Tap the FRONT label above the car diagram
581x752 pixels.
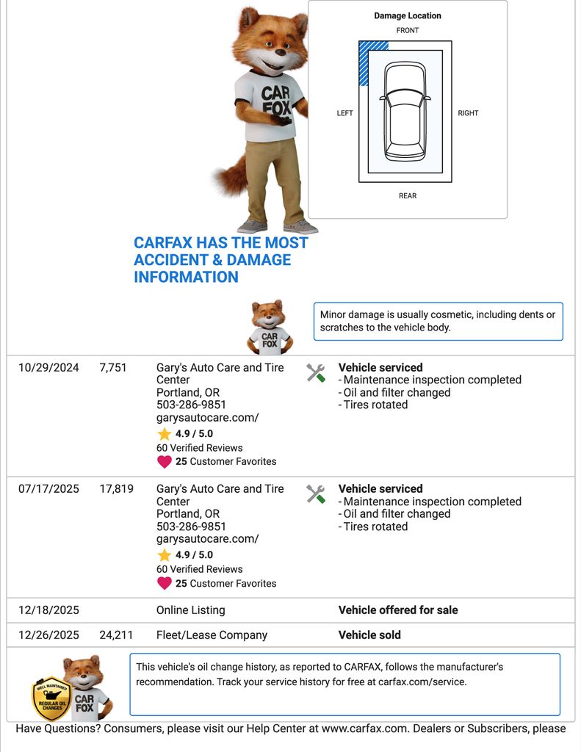click(x=408, y=30)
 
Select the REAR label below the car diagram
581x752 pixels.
click(x=408, y=195)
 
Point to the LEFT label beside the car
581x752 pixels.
click(x=344, y=113)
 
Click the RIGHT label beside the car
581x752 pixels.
click(x=468, y=113)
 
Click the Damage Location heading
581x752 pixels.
click(x=408, y=15)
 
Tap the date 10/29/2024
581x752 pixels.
click(x=48, y=368)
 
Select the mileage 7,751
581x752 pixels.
click(x=113, y=368)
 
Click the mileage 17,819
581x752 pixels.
click(x=116, y=489)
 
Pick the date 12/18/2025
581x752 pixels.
click(x=48, y=610)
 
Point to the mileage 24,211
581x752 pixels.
click(x=116, y=635)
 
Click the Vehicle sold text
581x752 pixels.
click(x=369, y=635)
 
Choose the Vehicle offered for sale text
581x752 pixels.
click(x=398, y=610)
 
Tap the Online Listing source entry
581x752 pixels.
click(x=191, y=610)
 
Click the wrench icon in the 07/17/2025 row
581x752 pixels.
click(x=316, y=494)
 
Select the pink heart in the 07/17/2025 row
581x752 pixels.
click(x=164, y=584)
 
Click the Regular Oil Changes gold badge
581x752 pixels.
click(x=51, y=698)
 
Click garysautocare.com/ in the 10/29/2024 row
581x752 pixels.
click(x=207, y=418)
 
